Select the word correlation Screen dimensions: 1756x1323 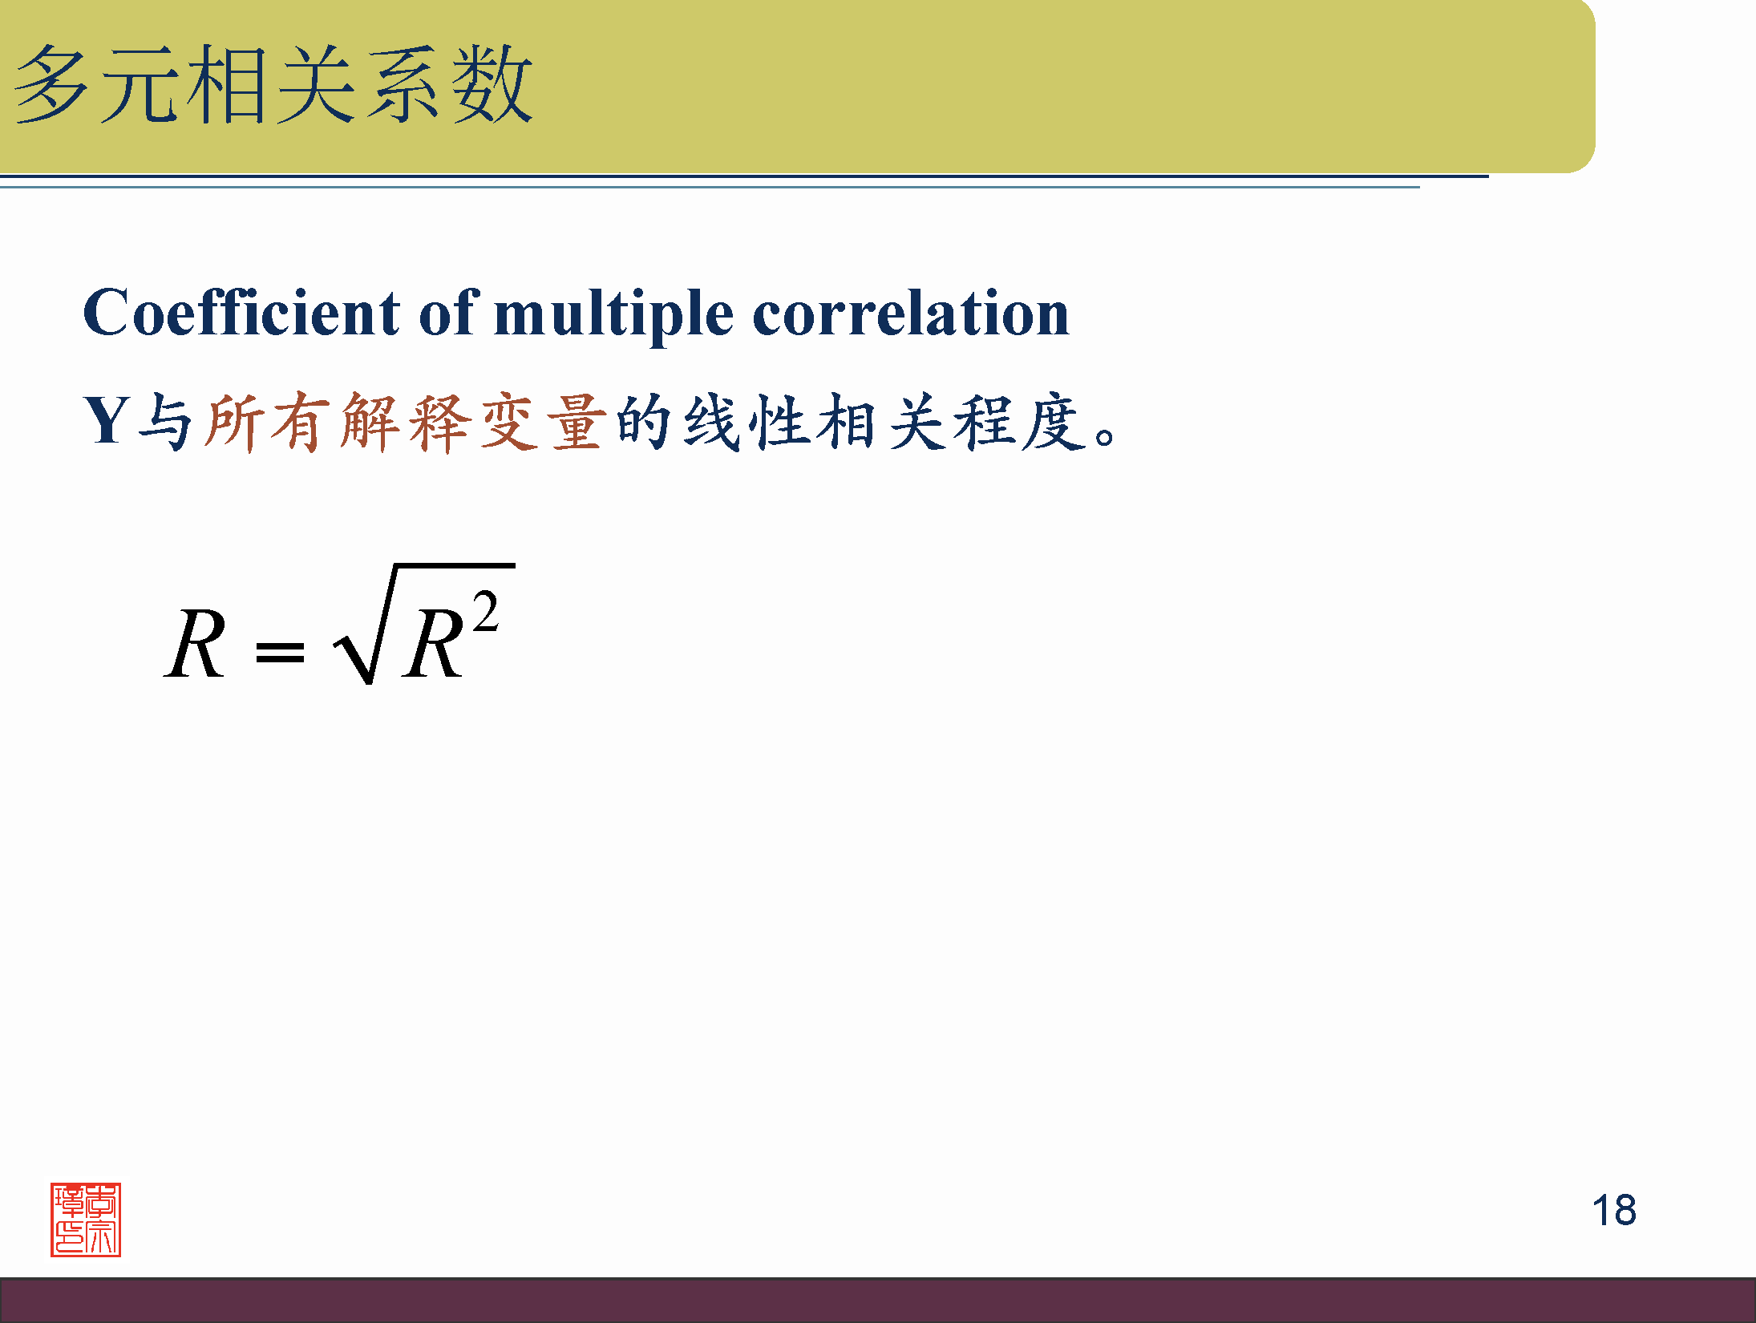[x=911, y=312]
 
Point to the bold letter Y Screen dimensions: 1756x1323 [x=107, y=419]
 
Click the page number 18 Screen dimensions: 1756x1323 [x=1614, y=1210]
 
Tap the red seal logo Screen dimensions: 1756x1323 [x=86, y=1220]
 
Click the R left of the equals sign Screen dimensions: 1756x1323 [x=195, y=644]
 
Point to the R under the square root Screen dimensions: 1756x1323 [x=433, y=644]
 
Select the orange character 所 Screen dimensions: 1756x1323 [x=233, y=422]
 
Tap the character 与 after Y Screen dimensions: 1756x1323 [x=165, y=422]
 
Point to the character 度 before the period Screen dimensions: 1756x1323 [x=1054, y=422]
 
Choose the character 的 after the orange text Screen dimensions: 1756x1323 [x=643, y=422]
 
